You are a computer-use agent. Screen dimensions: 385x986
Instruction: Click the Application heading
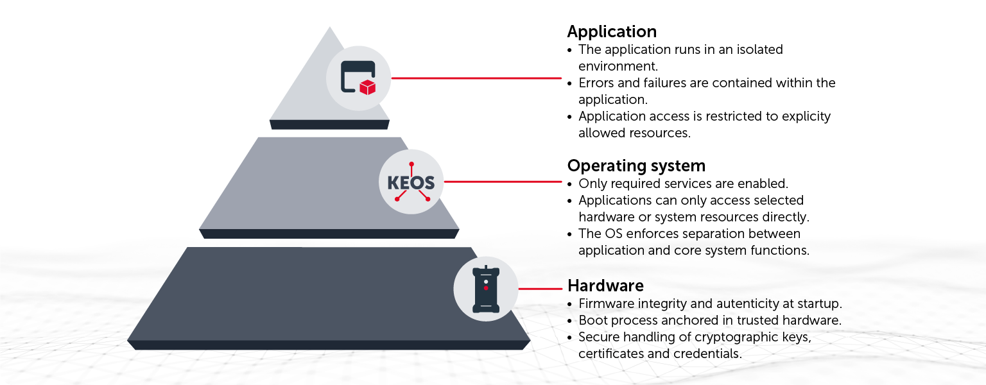tap(612, 31)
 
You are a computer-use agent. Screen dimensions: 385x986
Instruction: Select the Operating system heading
tap(636, 166)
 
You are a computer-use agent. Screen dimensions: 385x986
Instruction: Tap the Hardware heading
tap(605, 285)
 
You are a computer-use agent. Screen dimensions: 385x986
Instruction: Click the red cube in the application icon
tap(367, 87)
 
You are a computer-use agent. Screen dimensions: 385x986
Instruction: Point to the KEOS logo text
tap(411, 183)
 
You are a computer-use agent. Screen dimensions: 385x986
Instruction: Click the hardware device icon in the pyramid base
tap(486, 289)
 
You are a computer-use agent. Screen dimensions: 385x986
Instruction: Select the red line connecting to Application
tap(476, 78)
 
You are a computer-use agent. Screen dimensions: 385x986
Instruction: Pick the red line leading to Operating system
tap(503, 182)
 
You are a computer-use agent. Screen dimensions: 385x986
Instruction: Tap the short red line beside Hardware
tap(540, 289)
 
